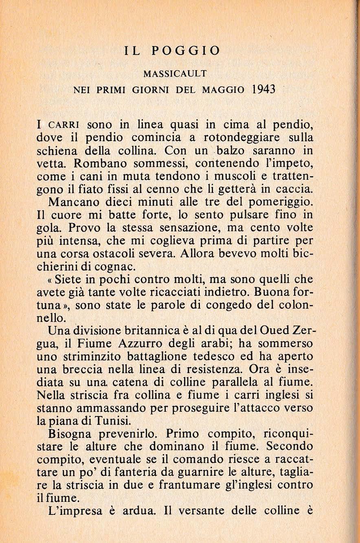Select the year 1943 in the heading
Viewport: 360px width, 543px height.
click(x=261, y=89)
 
